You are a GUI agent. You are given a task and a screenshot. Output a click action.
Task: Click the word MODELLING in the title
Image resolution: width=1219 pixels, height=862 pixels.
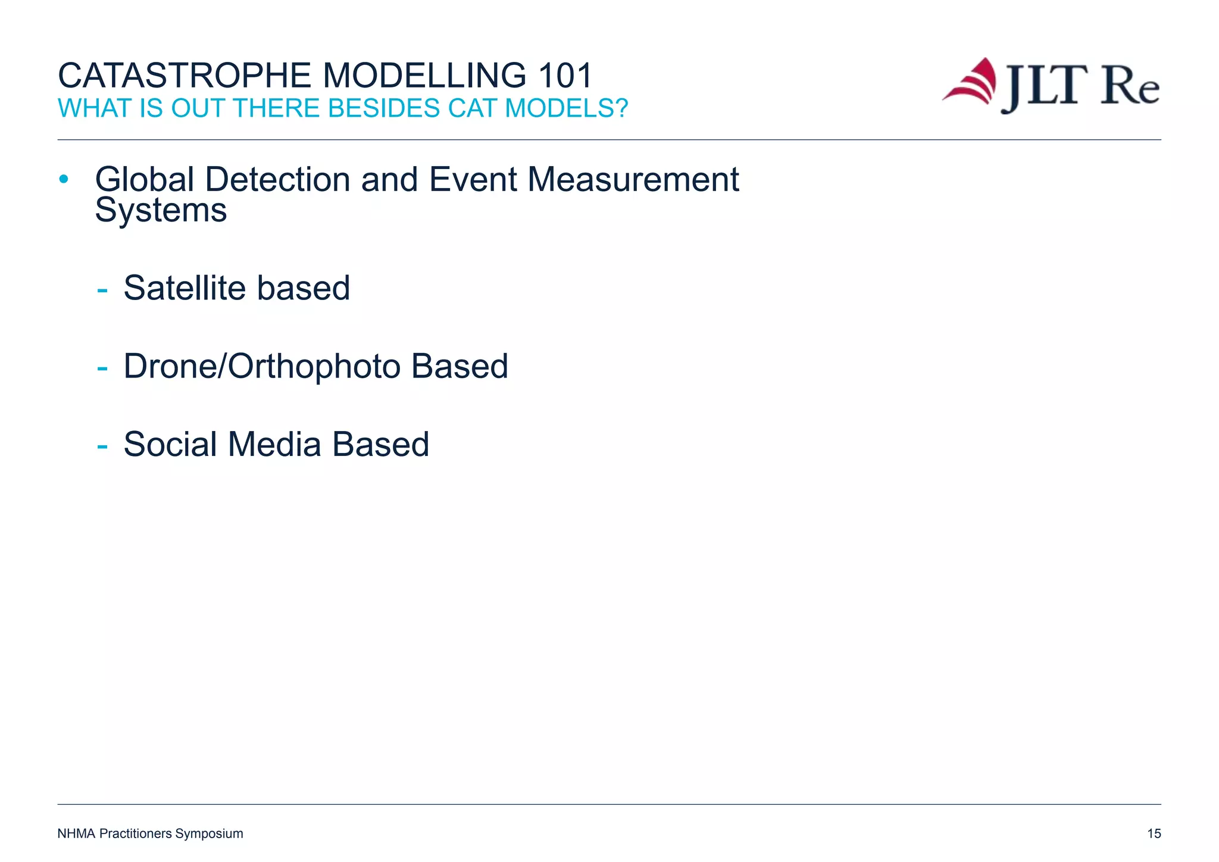(424, 76)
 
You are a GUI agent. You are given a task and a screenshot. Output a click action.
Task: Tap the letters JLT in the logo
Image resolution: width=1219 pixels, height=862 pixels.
(1043, 87)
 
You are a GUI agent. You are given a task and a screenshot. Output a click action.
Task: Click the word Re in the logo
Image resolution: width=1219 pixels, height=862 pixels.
(1130, 87)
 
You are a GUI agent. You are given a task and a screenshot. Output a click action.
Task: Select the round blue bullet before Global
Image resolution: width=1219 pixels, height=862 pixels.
(64, 179)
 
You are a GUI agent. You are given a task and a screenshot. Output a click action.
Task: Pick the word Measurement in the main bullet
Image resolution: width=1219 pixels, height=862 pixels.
(633, 179)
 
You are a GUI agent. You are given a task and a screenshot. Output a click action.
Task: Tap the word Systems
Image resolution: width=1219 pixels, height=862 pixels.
(161, 211)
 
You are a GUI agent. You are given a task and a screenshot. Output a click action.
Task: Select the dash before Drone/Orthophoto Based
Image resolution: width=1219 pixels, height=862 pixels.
(102, 368)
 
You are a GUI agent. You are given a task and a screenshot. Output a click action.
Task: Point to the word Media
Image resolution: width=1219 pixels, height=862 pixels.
(274, 444)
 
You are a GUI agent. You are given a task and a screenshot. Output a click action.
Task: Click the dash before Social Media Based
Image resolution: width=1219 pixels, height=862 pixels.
(102, 446)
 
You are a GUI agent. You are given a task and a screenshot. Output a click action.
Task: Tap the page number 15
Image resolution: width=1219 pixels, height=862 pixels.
(1154, 833)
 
